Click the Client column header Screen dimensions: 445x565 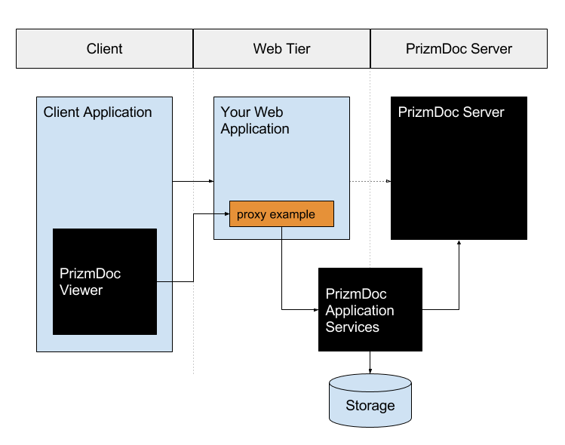(x=104, y=49)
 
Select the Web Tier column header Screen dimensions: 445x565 (x=281, y=49)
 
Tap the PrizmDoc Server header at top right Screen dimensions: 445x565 (x=459, y=49)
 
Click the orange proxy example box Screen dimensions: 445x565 (x=281, y=214)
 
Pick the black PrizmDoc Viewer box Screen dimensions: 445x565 (x=105, y=281)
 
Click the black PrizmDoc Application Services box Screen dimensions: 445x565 (x=370, y=310)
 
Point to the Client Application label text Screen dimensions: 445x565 (x=98, y=112)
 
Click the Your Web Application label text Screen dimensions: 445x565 (x=255, y=121)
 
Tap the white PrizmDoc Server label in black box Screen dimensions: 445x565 (x=451, y=112)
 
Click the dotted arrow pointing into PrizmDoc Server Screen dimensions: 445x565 (x=370, y=182)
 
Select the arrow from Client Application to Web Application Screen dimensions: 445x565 (x=193, y=182)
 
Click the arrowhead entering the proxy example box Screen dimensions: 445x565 (x=226, y=214)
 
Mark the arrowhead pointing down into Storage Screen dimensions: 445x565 (x=370, y=370)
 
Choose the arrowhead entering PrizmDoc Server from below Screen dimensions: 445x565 (x=459, y=244)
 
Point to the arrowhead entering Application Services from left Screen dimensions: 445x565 (x=315, y=309)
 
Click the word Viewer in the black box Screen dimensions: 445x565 (x=81, y=290)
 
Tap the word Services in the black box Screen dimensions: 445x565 (x=352, y=327)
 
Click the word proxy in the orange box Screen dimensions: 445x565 (x=252, y=215)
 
